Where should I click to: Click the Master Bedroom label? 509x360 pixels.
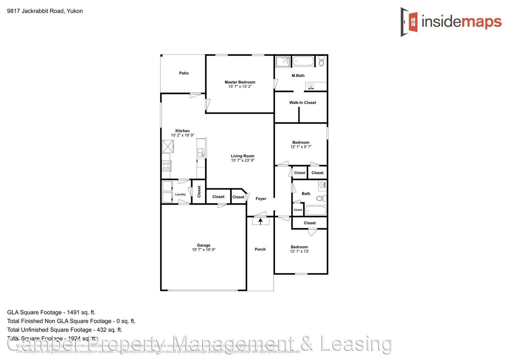tap(240, 82)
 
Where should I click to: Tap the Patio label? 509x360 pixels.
tap(184, 73)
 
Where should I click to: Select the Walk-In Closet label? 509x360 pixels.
tap(302, 103)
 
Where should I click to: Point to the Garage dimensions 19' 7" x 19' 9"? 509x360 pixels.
tap(203, 250)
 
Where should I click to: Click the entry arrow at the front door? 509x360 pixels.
tap(260, 221)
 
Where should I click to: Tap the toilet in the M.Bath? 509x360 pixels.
tap(321, 61)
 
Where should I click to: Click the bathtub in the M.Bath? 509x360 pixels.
tap(303, 61)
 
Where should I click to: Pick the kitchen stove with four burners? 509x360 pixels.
tap(166, 166)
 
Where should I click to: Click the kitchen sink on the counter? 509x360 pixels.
tap(201, 153)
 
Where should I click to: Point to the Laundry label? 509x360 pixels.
tap(180, 194)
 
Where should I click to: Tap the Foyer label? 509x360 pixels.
tap(261, 199)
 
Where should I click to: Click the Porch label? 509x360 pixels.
tap(260, 249)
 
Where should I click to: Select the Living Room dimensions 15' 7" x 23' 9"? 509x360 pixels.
tap(242, 160)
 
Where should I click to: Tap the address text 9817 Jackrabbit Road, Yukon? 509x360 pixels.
tap(45, 11)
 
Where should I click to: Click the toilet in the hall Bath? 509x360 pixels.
tap(322, 199)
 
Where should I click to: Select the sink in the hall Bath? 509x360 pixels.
tap(322, 185)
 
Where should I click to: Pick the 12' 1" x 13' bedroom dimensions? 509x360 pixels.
tap(299, 251)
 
